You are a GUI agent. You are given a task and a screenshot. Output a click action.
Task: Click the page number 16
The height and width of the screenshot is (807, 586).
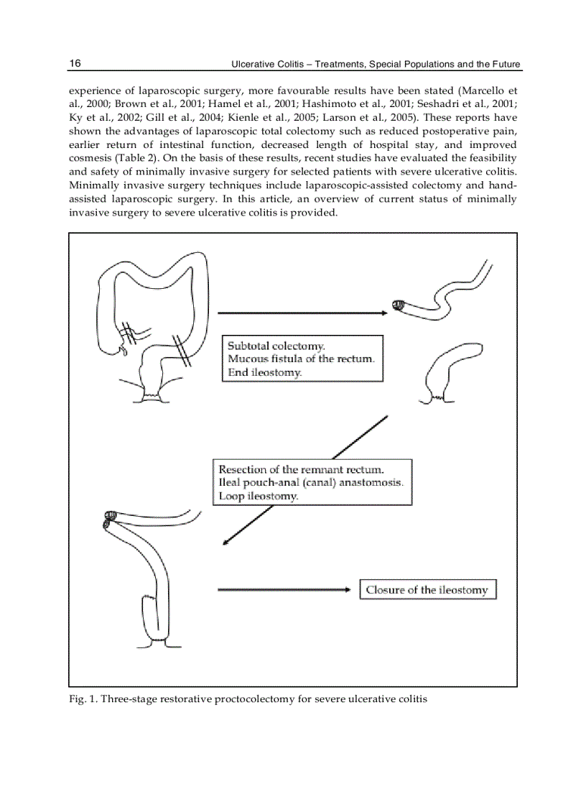click(x=75, y=64)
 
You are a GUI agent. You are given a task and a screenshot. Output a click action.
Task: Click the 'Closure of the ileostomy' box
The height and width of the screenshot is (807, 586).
click(x=427, y=590)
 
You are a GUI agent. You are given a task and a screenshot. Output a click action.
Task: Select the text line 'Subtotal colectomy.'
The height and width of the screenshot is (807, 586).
click(x=276, y=346)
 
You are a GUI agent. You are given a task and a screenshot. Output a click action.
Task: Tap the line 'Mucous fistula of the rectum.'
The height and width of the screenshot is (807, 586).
click(x=301, y=359)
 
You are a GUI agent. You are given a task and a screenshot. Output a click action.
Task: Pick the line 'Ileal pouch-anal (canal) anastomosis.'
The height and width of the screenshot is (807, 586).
click(x=310, y=483)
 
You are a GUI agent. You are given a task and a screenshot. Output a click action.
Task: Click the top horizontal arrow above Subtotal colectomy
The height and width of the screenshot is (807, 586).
click(x=302, y=313)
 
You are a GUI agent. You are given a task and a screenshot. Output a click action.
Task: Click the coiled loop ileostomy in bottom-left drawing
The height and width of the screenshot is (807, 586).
click(x=111, y=519)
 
